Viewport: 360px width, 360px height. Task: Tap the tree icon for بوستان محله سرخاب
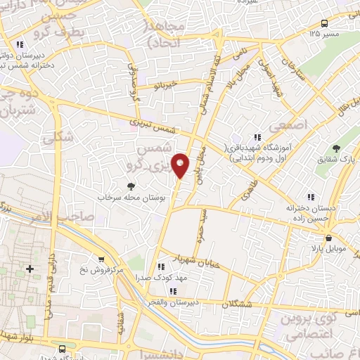pyautogui.click(x=131, y=186)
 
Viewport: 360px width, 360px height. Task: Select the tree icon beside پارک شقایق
pyautogui.click(x=336, y=148)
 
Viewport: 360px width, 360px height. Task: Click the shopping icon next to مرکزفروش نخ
pyautogui.click(x=102, y=259)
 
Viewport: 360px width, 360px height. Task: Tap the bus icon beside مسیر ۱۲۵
pyautogui.click(x=322, y=22)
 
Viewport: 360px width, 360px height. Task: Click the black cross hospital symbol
pyautogui.click(x=30, y=269)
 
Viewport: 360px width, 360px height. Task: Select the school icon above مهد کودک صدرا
pyautogui.click(x=161, y=266)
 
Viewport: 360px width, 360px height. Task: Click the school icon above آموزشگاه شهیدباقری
pyautogui.click(x=257, y=137)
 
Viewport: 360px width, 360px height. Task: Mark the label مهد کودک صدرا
pyautogui.click(x=161, y=277)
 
